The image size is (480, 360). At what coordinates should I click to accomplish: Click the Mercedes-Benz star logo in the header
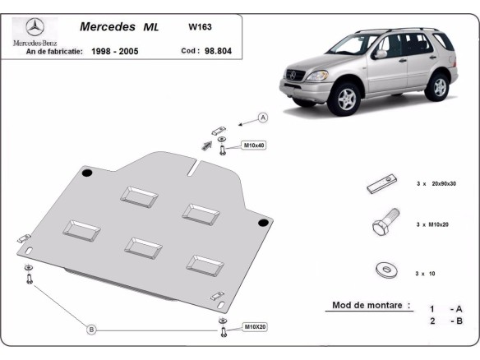(33, 26)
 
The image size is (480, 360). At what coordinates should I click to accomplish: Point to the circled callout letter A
(263, 118)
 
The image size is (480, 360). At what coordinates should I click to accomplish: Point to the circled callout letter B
(92, 330)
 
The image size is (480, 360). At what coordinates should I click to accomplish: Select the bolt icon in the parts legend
(382, 223)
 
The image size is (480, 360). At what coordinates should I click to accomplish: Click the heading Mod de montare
(371, 305)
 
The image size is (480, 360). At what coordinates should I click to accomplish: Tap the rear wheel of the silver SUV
(441, 85)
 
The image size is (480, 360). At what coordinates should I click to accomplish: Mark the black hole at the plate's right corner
(261, 223)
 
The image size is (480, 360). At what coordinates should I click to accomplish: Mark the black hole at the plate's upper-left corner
(85, 173)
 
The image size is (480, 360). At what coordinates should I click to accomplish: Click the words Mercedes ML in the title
(119, 26)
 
